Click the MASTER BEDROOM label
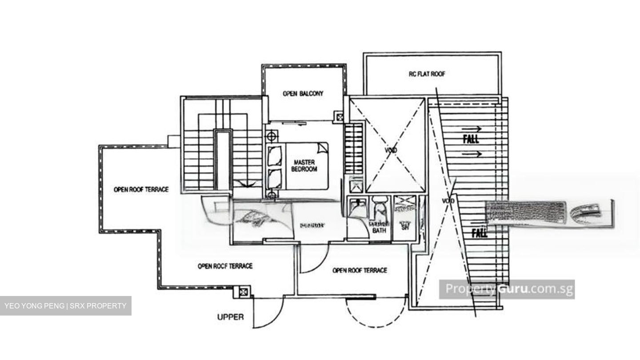304,166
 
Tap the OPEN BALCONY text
303,94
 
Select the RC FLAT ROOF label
427,74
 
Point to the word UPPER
230,317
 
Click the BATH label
379,231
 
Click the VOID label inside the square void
391,150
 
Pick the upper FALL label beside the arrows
471,139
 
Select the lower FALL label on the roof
479,233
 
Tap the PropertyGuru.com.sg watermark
507,289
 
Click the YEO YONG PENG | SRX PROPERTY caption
65,306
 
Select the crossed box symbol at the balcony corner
340,117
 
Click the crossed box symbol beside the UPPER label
243,292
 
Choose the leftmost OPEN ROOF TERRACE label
141,189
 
